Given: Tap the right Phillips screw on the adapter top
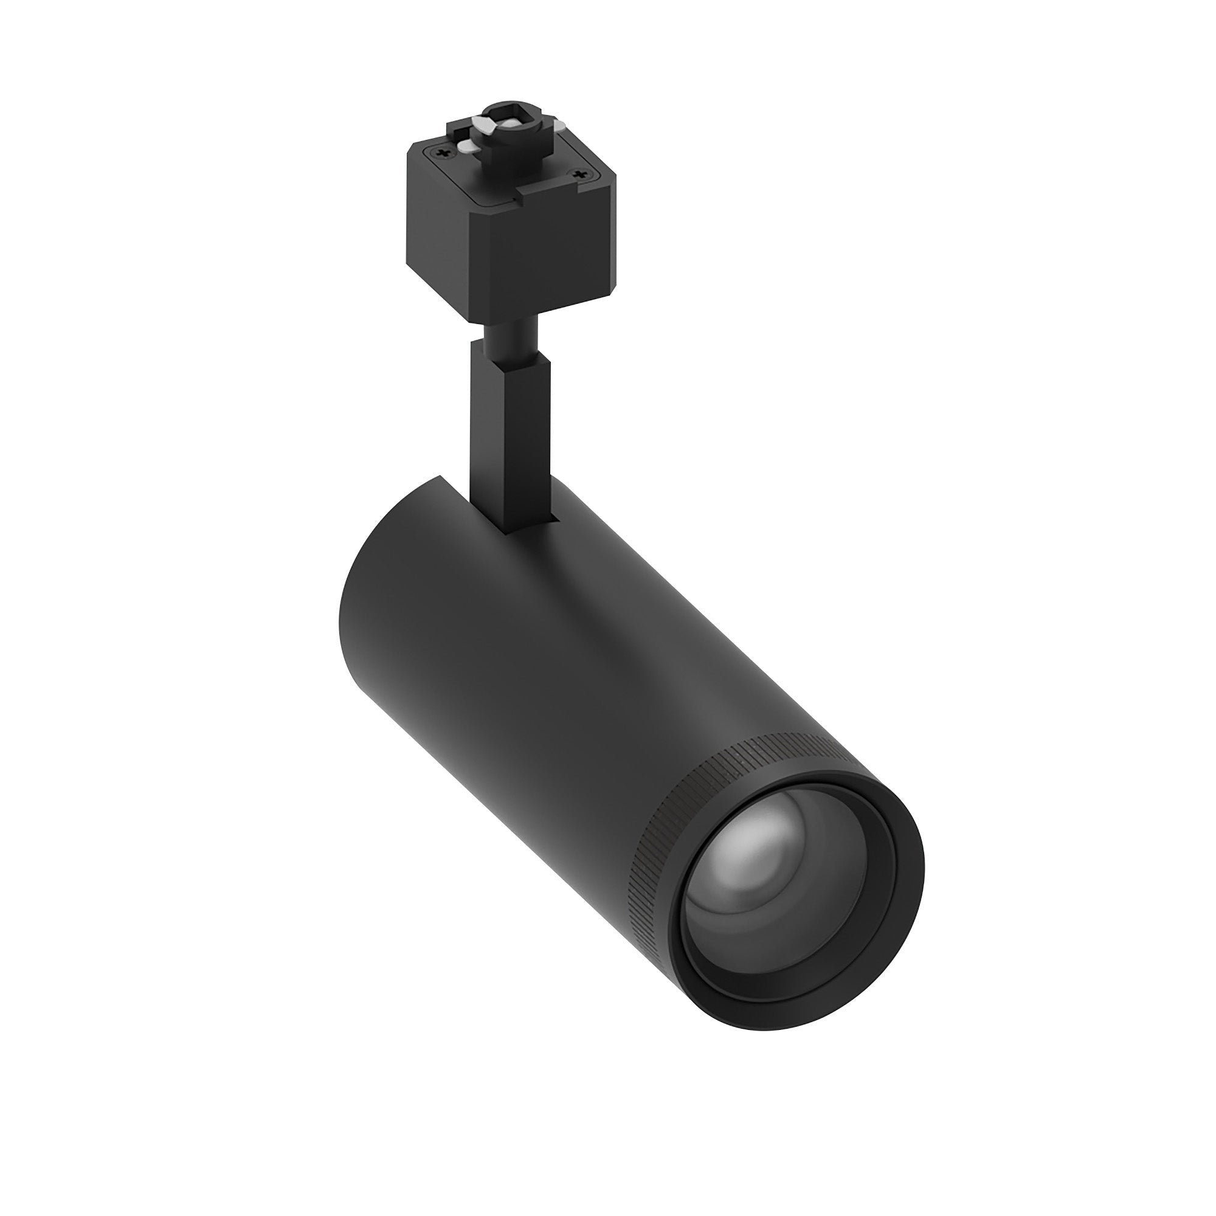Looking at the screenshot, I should click(580, 173).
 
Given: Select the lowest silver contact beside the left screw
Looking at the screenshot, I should click(467, 147).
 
